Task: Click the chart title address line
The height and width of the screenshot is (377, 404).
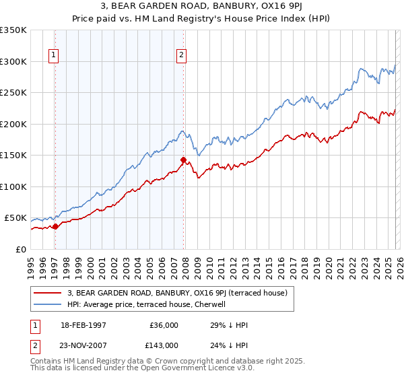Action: [x=201, y=6]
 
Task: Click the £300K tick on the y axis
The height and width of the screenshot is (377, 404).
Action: [x=13, y=61]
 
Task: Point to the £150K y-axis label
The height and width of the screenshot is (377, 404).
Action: [x=13, y=156]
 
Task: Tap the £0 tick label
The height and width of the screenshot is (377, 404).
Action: [x=22, y=249]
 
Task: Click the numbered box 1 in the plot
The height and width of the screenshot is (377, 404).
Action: [x=54, y=56]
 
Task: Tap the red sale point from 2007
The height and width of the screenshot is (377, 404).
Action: [x=183, y=160]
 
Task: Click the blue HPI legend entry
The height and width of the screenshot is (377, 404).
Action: [x=149, y=304]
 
